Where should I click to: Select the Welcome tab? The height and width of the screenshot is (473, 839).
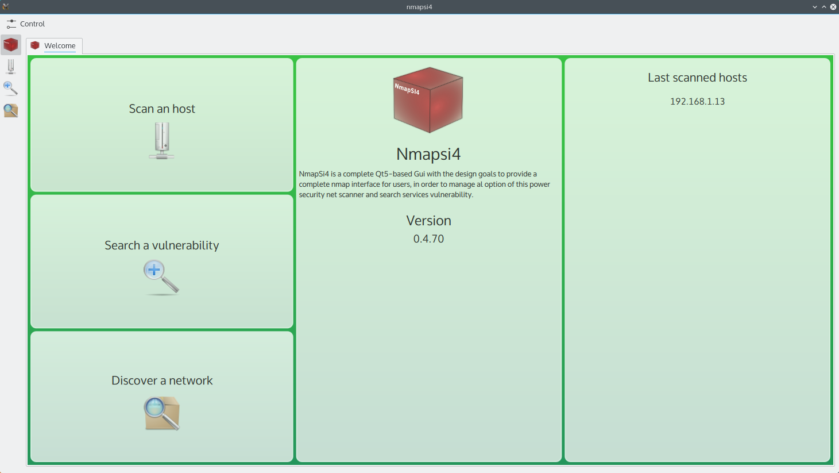[x=55, y=46]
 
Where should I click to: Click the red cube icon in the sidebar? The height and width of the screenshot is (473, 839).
[x=10, y=45]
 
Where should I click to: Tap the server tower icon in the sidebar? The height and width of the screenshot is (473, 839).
[x=11, y=67]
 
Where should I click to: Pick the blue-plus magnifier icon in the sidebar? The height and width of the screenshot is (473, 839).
[x=10, y=89]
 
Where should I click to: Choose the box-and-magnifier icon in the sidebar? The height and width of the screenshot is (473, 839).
[x=11, y=110]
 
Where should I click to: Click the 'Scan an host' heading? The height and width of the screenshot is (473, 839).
[x=162, y=109]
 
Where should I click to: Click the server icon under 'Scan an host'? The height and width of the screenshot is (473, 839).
[x=162, y=141]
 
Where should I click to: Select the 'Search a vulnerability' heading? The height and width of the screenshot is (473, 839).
[x=162, y=245]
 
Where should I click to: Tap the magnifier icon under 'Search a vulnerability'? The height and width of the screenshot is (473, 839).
[x=161, y=278]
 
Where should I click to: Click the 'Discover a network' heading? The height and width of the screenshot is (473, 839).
[x=162, y=380]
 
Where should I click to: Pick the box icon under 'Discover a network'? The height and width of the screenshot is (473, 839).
[x=162, y=413]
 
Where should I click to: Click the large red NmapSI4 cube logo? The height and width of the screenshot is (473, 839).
[x=428, y=100]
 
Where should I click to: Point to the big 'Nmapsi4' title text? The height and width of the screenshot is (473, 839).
[x=428, y=154]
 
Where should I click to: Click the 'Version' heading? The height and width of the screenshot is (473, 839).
[x=428, y=220]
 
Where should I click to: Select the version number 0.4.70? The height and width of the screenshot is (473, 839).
[x=428, y=239]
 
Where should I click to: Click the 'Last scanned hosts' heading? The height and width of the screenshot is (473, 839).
[x=697, y=78]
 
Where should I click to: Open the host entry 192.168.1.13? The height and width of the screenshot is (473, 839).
[x=697, y=102]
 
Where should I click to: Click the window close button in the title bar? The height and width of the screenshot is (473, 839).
[x=833, y=7]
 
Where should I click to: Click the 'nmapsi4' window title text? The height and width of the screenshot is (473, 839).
[x=419, y=7]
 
